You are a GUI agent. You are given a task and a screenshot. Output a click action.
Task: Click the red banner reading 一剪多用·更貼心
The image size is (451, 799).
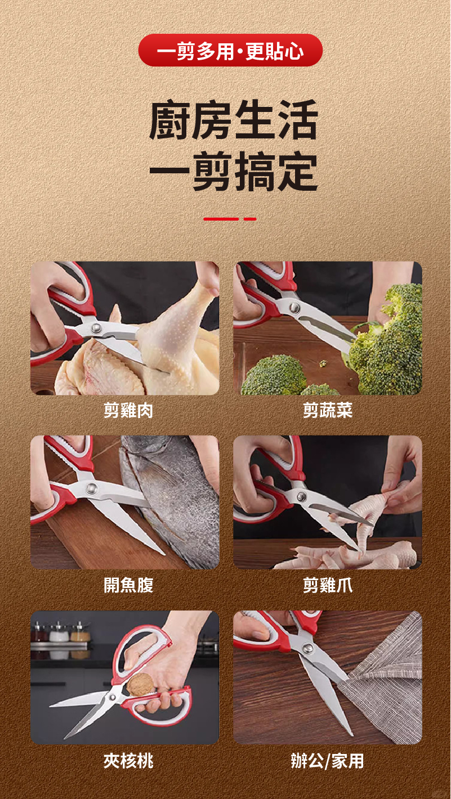click(x=230, y=50)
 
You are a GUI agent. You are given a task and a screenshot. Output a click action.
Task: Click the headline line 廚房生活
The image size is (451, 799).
click(x=234, y=120)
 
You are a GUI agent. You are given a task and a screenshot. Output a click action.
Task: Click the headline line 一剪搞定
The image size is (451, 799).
click(x=234, y=171)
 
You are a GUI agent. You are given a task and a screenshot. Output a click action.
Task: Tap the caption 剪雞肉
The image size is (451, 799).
click(x=128, y=410)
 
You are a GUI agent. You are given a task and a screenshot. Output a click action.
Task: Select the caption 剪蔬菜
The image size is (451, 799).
click(x=328, y=410)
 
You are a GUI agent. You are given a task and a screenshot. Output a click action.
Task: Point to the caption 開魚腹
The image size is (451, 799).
click(x=128, y=585)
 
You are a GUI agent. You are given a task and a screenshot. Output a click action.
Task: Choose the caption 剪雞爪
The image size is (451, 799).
click(x=328, y=585)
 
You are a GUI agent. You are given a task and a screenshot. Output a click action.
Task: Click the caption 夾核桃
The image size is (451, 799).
click(x=128, y=760)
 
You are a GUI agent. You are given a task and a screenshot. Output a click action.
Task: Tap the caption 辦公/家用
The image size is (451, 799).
click(x=328, y=760)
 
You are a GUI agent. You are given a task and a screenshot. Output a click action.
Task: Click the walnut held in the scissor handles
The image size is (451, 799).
click(x=140, y=684)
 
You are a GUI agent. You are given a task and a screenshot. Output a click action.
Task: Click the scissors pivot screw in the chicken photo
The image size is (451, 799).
click(x=96, y=328)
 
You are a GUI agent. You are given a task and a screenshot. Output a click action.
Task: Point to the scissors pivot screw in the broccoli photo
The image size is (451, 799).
click(x=294, y=307)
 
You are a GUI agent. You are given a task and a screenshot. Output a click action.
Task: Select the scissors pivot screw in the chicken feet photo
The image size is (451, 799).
click(x=301, y=496)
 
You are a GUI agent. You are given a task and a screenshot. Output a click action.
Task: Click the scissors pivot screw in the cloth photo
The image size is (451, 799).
click(x=306, y=647)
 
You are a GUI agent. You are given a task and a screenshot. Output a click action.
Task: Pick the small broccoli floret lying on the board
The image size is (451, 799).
click(x=323, y=364)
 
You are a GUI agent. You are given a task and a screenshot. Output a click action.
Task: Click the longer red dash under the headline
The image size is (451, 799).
click(x=221, y=219)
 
